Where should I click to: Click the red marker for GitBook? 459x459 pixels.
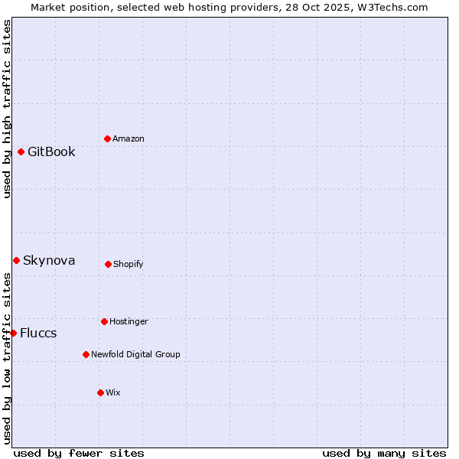coord(21,151)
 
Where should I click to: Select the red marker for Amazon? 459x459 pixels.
coord(107,138)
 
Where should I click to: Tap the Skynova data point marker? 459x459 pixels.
coord(16,260)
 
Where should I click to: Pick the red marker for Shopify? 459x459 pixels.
coord(108,264)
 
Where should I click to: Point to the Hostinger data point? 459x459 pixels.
coord(104,321)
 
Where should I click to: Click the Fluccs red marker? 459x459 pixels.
coord(13,333)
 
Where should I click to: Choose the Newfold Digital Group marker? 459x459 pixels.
coord(86,354)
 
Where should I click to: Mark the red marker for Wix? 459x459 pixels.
coord(100,392)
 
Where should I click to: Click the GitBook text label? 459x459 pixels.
coord(51,151)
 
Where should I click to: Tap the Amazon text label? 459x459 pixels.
coord(129,138)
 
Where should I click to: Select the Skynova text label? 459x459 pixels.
coord(49,260)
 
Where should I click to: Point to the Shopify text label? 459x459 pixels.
coord(129,264)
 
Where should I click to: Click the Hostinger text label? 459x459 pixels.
coord(129,321)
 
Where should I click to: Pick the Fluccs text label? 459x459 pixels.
coord(38,333)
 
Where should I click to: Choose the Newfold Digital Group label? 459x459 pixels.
coord(135,354)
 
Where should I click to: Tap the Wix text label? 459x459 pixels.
coord(113,392)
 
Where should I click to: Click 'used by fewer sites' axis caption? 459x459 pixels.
coord(79,453)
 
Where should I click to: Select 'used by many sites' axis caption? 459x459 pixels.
coord(384,453)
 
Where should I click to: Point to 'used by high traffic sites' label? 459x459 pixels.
coord(7,109)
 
